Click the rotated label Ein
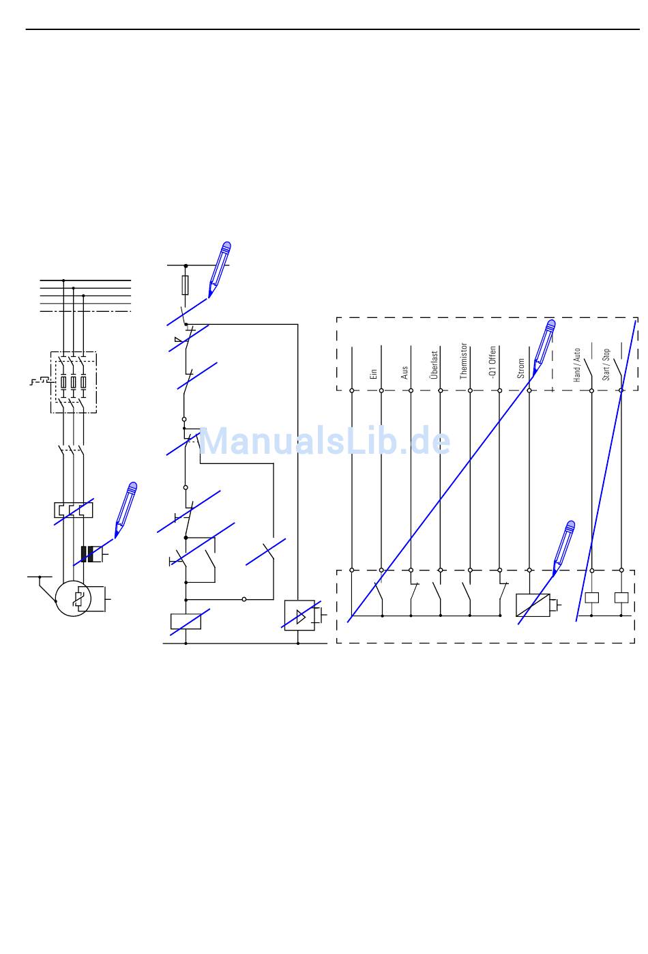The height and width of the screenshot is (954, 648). (374, 374)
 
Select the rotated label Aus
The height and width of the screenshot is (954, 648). (404, 373)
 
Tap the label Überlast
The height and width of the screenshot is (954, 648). (434, 365)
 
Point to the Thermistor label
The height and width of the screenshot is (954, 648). (464, 361)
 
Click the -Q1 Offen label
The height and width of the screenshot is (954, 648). (493, 362)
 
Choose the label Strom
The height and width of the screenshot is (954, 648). (522, 368)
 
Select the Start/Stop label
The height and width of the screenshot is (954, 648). (606, 364)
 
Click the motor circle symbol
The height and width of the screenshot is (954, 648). (73, 598)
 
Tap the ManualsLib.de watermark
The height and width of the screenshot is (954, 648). (325, 442)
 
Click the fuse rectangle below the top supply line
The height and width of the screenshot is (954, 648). (186, 285)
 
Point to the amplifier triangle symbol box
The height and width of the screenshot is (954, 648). (299, 615)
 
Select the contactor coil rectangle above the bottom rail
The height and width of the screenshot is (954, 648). (186, 621)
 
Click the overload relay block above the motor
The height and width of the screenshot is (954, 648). (73, 510)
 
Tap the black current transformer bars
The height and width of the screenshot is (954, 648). (87, 554)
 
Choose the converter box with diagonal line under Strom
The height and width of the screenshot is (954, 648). (532, 605)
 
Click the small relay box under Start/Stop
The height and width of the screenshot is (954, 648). (621, 598)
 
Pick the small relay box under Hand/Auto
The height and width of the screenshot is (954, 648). (591, 598)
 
